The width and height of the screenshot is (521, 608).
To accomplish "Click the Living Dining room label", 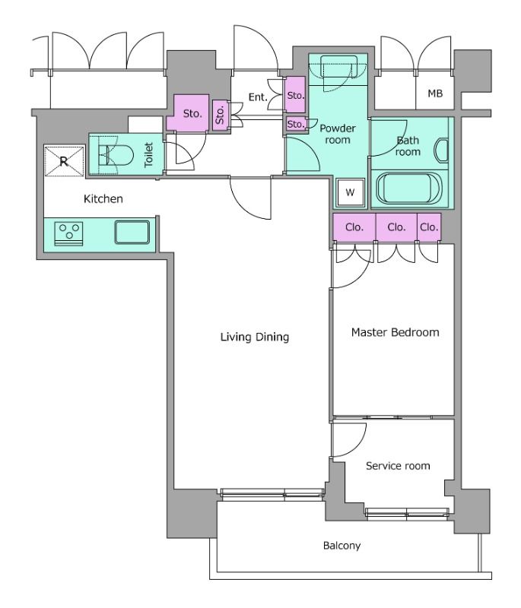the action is tap(255, 337).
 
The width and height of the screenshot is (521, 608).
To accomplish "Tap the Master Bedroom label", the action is tap(395, 332).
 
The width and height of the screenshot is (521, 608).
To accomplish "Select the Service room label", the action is tap(398, 466).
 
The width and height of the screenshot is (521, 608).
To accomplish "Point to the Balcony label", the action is tap(342, 546).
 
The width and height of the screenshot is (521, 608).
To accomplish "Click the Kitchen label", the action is tap(103, 199).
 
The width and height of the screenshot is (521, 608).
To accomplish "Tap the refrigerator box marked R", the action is tap(64, 161).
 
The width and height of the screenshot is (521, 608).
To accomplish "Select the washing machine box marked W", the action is tap(350, 192).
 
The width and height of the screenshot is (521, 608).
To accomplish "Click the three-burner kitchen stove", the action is tap(68, 233).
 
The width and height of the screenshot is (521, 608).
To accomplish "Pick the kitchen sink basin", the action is tap(132, 232).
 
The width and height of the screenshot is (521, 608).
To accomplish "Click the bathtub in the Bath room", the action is tap(409, 188).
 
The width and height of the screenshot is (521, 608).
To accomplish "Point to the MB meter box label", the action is tap(435, 93).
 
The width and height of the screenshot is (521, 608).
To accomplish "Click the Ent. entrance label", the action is tap(258, 97).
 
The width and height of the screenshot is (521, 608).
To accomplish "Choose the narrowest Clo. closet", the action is tap(429, 226).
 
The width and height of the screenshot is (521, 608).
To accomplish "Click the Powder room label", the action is tap(338, 134).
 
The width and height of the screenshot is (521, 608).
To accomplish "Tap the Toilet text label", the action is tap(148, 155).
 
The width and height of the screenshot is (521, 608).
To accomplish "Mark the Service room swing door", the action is tap(348, 440).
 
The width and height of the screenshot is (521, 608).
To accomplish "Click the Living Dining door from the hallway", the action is tap(250, 198).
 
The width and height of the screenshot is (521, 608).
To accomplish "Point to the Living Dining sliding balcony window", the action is tap(272, 492).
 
